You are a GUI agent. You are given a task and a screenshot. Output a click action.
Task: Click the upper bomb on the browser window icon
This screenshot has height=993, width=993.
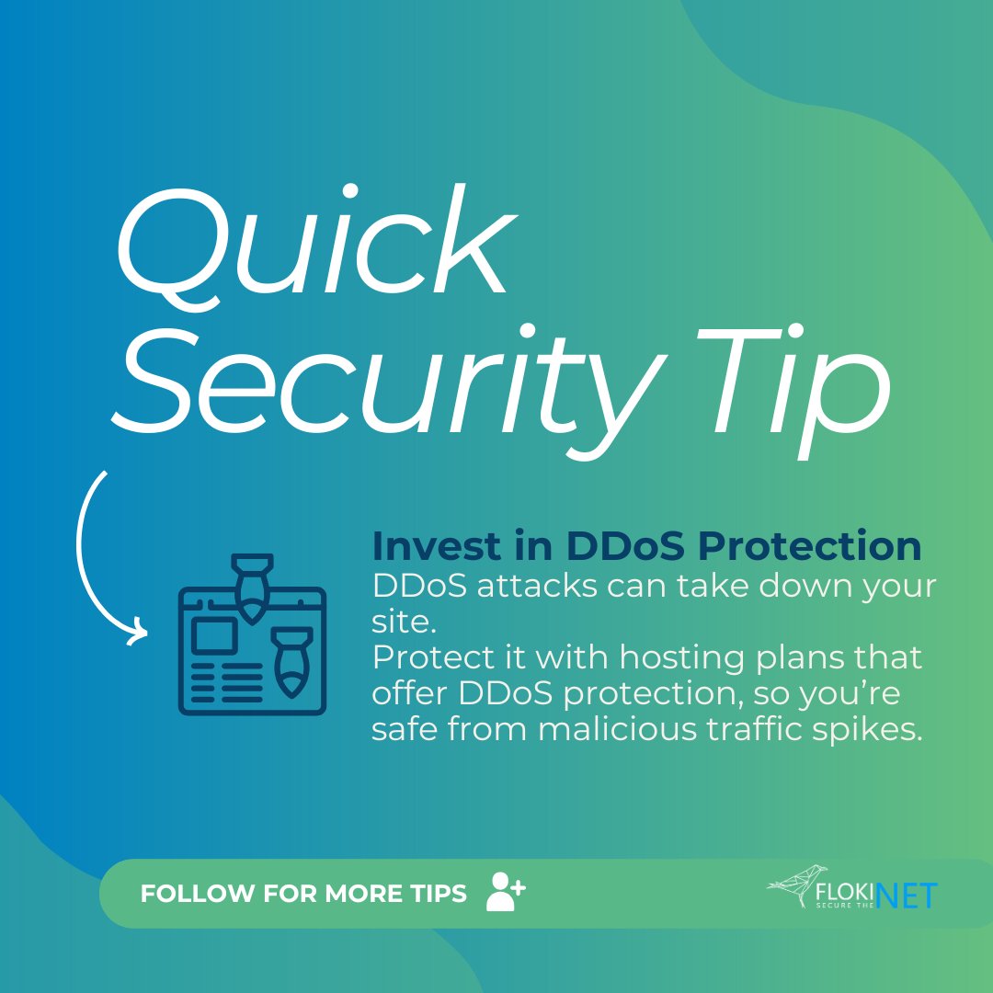coord(251,585)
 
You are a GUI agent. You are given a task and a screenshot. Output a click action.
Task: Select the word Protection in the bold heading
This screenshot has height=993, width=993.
coord(808,547)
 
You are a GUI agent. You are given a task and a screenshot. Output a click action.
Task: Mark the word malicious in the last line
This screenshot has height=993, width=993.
coord(625,730)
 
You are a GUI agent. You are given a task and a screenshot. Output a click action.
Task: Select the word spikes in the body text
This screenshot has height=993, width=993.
coord(872,730)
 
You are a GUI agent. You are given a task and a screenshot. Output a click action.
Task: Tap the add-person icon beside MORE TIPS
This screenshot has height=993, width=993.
coord(505,892)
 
